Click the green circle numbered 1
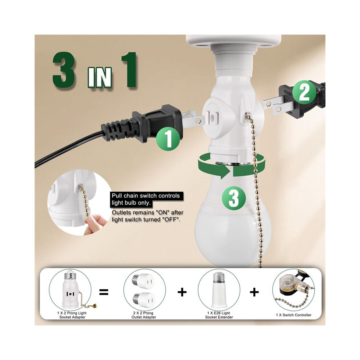point(168,139)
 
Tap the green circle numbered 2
point(305,92)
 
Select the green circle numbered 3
point(234,198)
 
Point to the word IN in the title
point(100,77)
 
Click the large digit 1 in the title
point(129,70)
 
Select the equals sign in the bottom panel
point(104,292)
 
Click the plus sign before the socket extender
point(182,292)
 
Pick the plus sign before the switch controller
point(254,292)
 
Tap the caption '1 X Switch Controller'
point(294,315)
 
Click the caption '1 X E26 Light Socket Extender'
point(219,315)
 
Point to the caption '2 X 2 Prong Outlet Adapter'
point(144,315)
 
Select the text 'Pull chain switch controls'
point(145,196)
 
